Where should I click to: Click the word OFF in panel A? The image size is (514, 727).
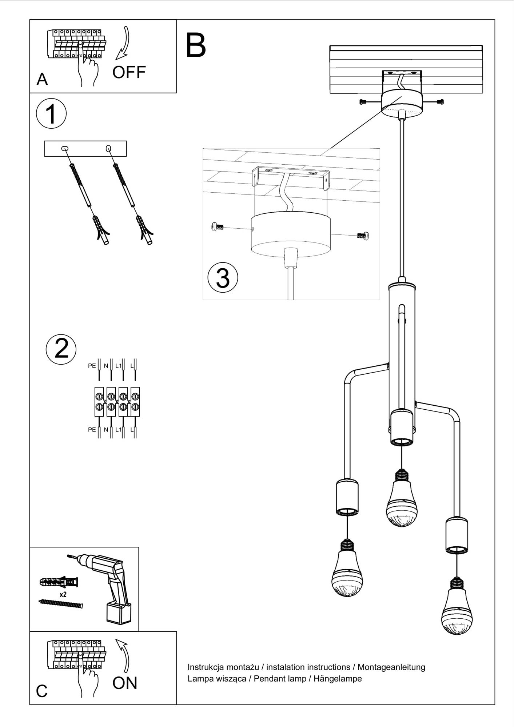coord(129,72)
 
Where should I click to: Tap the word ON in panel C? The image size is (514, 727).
coord(125,683)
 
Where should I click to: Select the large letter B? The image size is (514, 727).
coord(196,45)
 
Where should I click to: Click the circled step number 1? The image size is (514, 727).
coord(51,113)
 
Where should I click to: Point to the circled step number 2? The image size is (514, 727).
coord(61,348)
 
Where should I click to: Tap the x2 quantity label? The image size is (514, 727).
coord(63,595)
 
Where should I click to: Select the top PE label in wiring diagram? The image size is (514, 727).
coord(92,366)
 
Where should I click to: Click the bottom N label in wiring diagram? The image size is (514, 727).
coord(106,430)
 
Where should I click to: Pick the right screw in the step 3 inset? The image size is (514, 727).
coord(363,236)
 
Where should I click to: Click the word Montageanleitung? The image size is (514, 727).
coord(391,667)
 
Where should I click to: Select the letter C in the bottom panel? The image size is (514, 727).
coord(42,691)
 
